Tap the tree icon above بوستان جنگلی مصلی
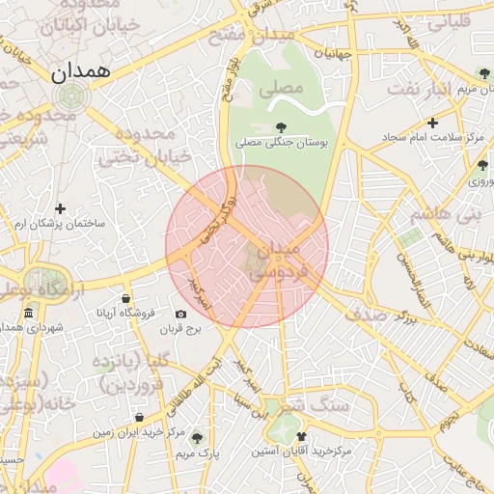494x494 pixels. point(281,126)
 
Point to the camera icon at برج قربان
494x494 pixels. point(180,314)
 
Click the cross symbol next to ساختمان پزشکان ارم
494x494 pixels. point(60,208)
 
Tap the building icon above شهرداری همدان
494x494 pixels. point(29,314)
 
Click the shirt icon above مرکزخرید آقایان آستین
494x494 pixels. point(301,436)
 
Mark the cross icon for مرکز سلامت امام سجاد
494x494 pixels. point(432,123)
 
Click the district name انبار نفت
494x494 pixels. point(421,89)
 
